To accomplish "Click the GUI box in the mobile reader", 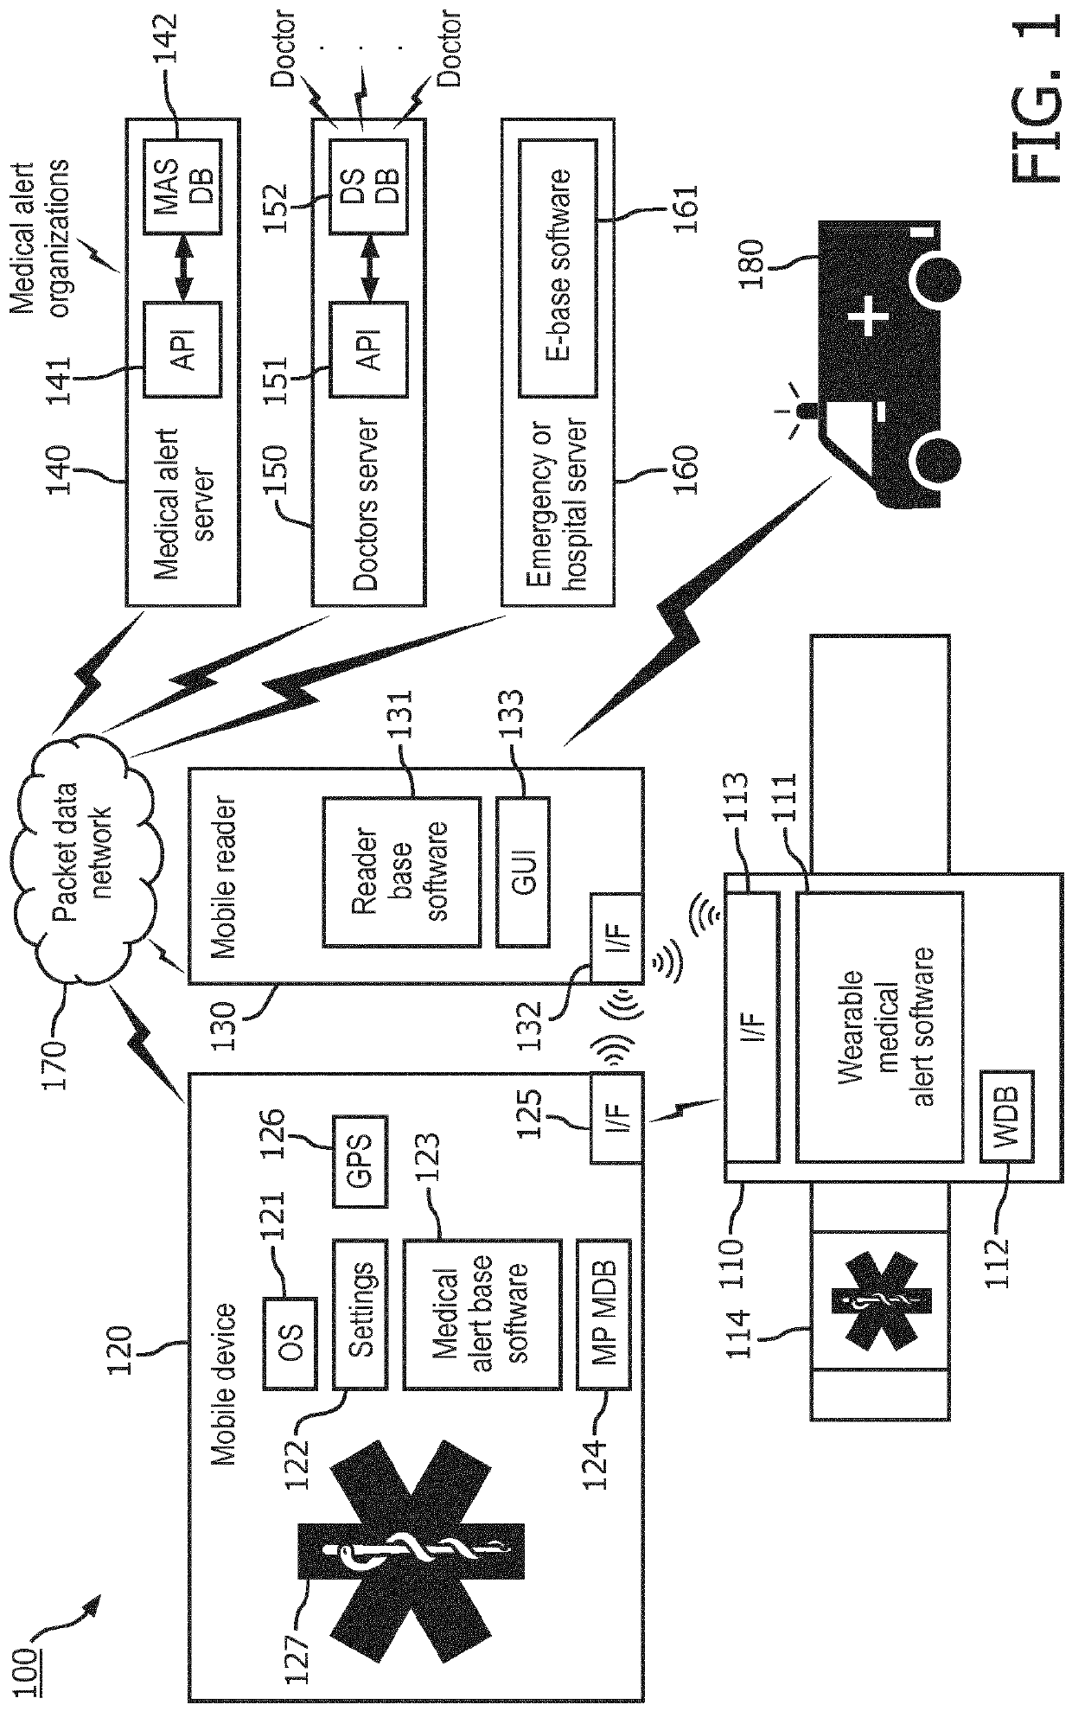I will point(522,871).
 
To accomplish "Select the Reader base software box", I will point(401,871).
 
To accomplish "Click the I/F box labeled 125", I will point(616,1117).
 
